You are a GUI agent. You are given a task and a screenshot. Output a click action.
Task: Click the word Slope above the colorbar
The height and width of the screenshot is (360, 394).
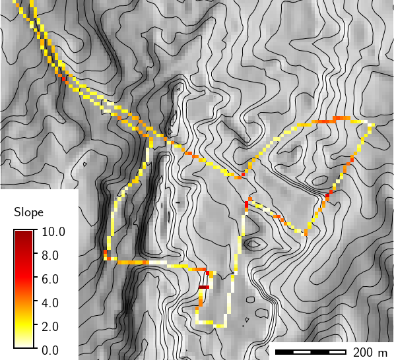pos(28,212)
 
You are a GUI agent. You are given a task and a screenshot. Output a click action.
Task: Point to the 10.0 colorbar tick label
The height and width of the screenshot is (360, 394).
pos(53,231)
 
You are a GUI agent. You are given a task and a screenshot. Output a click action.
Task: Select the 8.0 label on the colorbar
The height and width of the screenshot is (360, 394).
pos(51,255)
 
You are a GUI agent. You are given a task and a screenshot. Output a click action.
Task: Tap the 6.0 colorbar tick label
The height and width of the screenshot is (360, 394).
pos(51,279)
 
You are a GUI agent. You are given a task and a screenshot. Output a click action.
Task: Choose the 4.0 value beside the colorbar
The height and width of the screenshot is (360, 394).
pos(51,303)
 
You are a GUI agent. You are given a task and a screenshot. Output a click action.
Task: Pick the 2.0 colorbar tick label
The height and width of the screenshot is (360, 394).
pos(51,326)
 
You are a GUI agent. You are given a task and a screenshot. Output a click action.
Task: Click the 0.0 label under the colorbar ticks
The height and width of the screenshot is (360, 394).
pos(51,350)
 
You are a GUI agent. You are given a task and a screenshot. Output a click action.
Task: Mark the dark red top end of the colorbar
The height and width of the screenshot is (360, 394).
pos(23,233)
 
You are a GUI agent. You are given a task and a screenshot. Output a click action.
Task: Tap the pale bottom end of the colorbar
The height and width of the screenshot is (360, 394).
pos(23,344)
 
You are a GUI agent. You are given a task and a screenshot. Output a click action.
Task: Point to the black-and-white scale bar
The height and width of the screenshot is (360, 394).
pos(310,351)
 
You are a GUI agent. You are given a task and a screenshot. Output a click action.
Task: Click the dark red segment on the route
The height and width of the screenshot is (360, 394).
pos(203,287)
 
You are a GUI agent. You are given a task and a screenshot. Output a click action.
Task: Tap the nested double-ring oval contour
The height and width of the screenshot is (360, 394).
pos(254,244)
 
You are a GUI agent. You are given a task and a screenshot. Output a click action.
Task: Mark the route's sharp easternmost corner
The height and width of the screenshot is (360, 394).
pos(371,124)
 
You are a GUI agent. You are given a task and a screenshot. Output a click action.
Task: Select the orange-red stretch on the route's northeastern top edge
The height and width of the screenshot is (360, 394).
pos(341,118)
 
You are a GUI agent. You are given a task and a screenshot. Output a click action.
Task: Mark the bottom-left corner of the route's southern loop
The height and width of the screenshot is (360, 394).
pos(197,322)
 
